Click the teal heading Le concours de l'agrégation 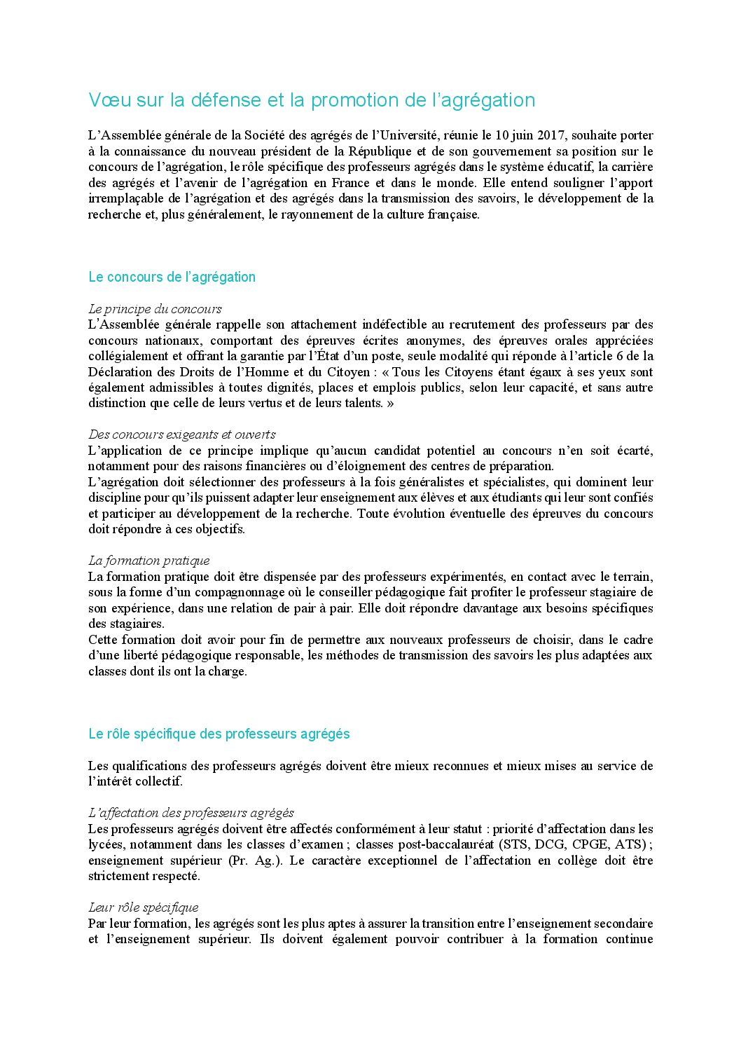[172, 277]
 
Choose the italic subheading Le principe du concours [155, 309]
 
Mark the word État [326, 356]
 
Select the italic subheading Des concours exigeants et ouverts [181, 434]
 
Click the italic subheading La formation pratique [148, 561]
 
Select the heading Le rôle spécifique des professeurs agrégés [219, 734]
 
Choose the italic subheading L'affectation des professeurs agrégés [191, 813]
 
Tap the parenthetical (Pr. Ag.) [255, 861]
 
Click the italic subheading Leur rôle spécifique [143, 907]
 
